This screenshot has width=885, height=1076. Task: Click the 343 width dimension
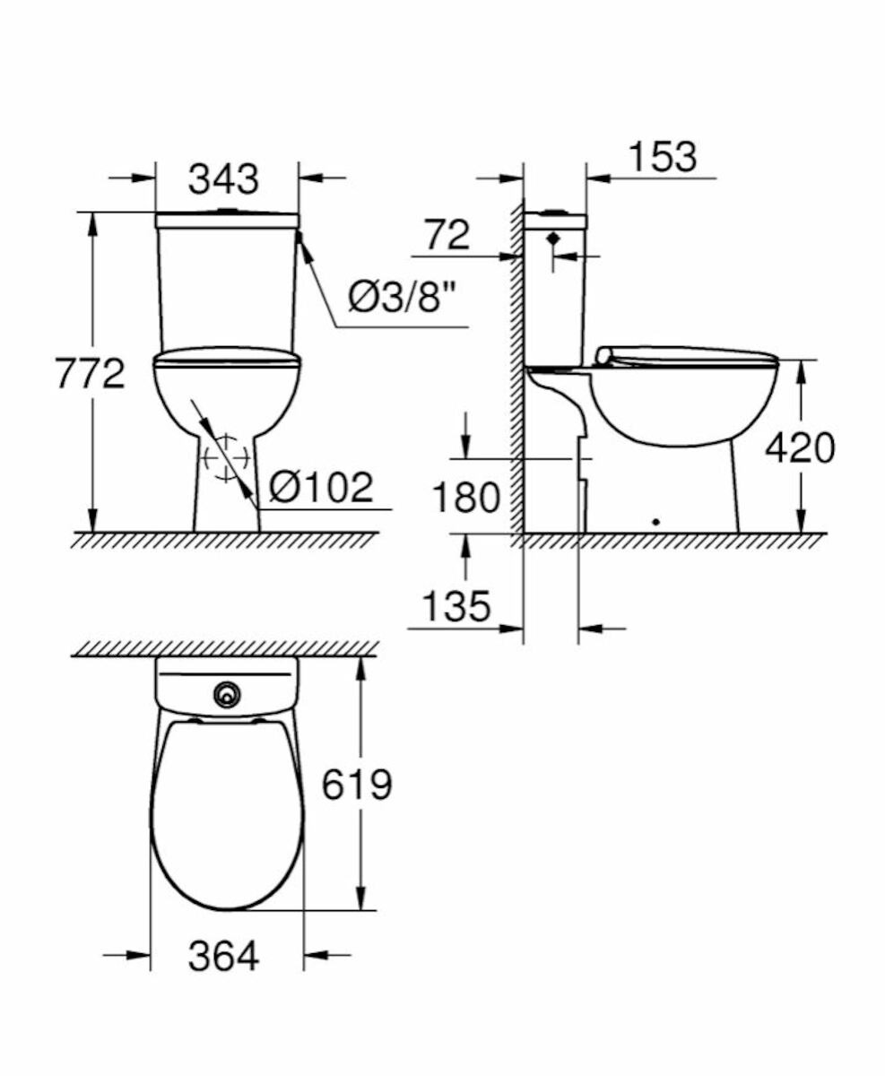tap(223, 179)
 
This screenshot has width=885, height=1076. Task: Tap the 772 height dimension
tap(90, 374)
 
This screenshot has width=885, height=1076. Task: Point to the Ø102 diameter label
tap(321, 487)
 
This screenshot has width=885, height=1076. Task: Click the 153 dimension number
tap(664, 157)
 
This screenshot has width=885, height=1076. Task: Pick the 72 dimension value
tap(447, 235)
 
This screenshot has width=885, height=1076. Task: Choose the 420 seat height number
tap(800, 447)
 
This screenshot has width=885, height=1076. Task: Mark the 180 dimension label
tap(466, 497)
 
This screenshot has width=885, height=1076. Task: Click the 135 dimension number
tap(456, 606)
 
